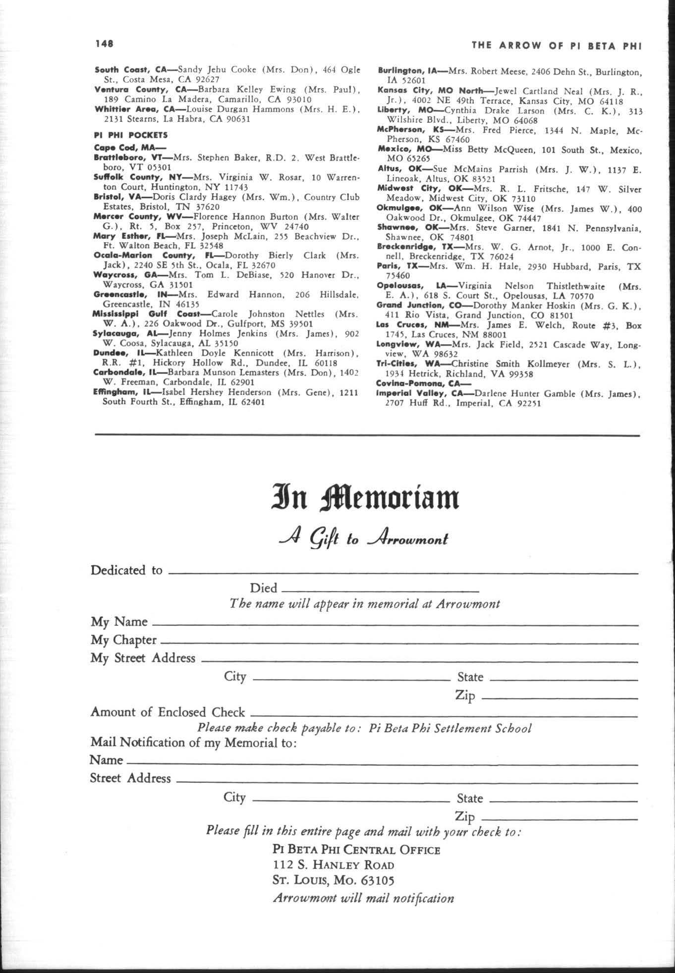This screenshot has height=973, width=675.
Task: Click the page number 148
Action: tap(104, 44)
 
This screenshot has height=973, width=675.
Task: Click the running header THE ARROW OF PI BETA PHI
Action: tap(557, 46)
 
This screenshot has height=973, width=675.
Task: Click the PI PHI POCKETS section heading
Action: tap(131, 135)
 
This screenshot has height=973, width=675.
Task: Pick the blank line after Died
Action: tap(379, 591)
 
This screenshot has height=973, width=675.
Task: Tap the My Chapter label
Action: tap(123, 640)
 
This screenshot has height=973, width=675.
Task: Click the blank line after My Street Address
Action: tap(419, 661)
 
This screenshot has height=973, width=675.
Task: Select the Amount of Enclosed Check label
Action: tap(168, 712)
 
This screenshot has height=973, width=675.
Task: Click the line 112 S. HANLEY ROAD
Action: tap(334, 865)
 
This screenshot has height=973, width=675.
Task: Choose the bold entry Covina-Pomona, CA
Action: tap(423, 383)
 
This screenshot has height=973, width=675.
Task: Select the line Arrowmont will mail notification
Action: tap(363, 898)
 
